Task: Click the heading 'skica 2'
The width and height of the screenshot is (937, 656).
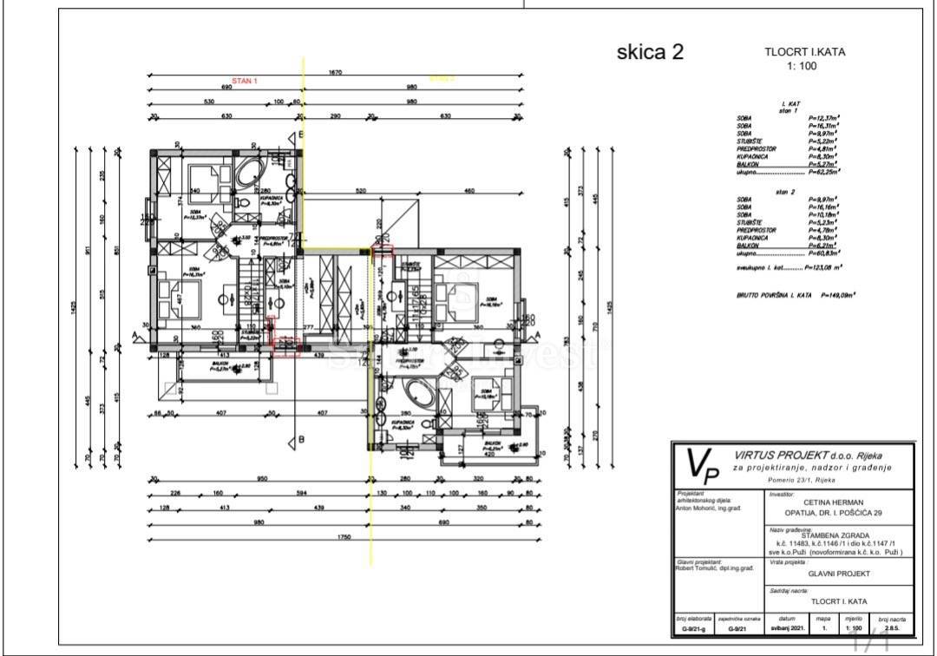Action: point(650,52)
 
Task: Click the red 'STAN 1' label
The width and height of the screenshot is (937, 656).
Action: point(245,81)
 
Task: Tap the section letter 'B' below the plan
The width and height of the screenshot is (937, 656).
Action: point(301,439)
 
